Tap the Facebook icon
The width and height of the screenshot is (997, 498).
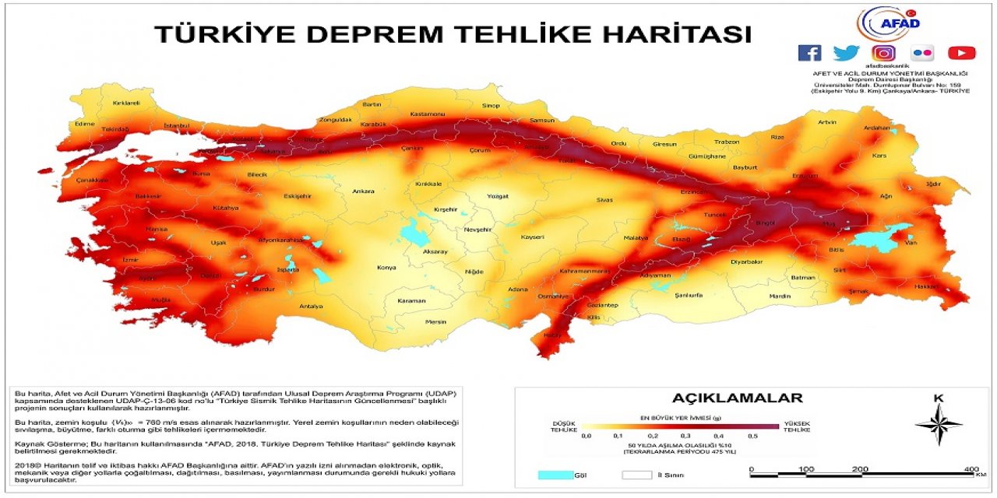coord(809,53)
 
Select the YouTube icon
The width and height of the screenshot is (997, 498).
coord(961,53)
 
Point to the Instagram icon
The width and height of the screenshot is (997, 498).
coord(883,53)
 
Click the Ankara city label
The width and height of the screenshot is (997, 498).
coord(363,191)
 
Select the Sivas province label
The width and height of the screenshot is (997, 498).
coord(604,200)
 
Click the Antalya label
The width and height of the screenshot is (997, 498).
coord(311,306)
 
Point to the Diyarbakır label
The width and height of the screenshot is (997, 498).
coord(745,262)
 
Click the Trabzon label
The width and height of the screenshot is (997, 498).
coord(727,142)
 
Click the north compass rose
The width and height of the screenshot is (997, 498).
coord(939,423)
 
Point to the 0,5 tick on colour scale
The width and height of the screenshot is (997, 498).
coord(752,437)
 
